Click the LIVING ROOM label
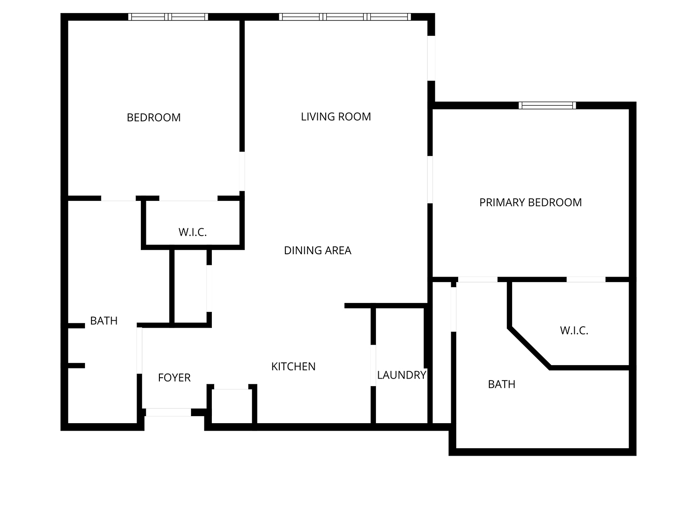point(335,116)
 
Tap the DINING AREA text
point(317,251)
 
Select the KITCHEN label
point(293,367)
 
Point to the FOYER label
point(174,378)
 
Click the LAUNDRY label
point(401,375)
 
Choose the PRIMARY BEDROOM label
point(530,202)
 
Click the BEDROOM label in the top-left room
point(153,117)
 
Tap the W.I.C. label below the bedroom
point(192,232)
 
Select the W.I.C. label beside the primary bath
point(574,330)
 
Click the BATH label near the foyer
point(104,321)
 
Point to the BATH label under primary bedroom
point(501,384)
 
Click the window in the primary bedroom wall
point(547,105)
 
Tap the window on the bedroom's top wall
point(168,17)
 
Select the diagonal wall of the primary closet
point(530,348)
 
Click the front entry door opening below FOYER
point(168,412)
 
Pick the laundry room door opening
point(373,365)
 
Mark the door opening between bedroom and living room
point(242,171)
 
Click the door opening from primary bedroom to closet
point(586,279)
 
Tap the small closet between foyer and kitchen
point(231,406)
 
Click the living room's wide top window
point(345,17)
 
